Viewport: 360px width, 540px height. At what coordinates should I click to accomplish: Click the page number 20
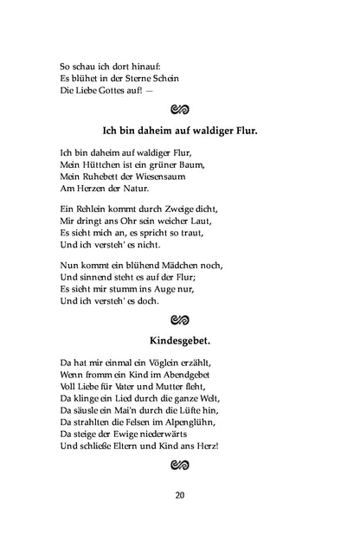[179, 495]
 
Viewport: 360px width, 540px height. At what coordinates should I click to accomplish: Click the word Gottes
[115, 91]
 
